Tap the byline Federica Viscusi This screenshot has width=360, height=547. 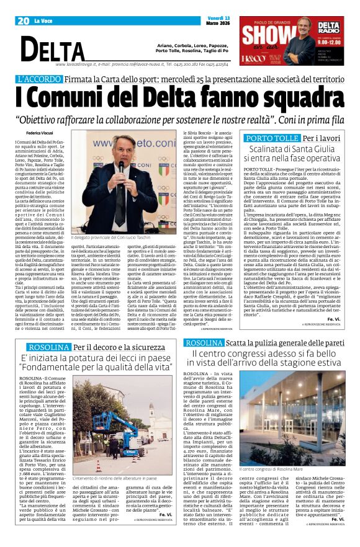tap(40, 133)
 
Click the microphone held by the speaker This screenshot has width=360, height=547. tap(121, 167)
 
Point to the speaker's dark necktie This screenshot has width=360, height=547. tap(128, 186)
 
